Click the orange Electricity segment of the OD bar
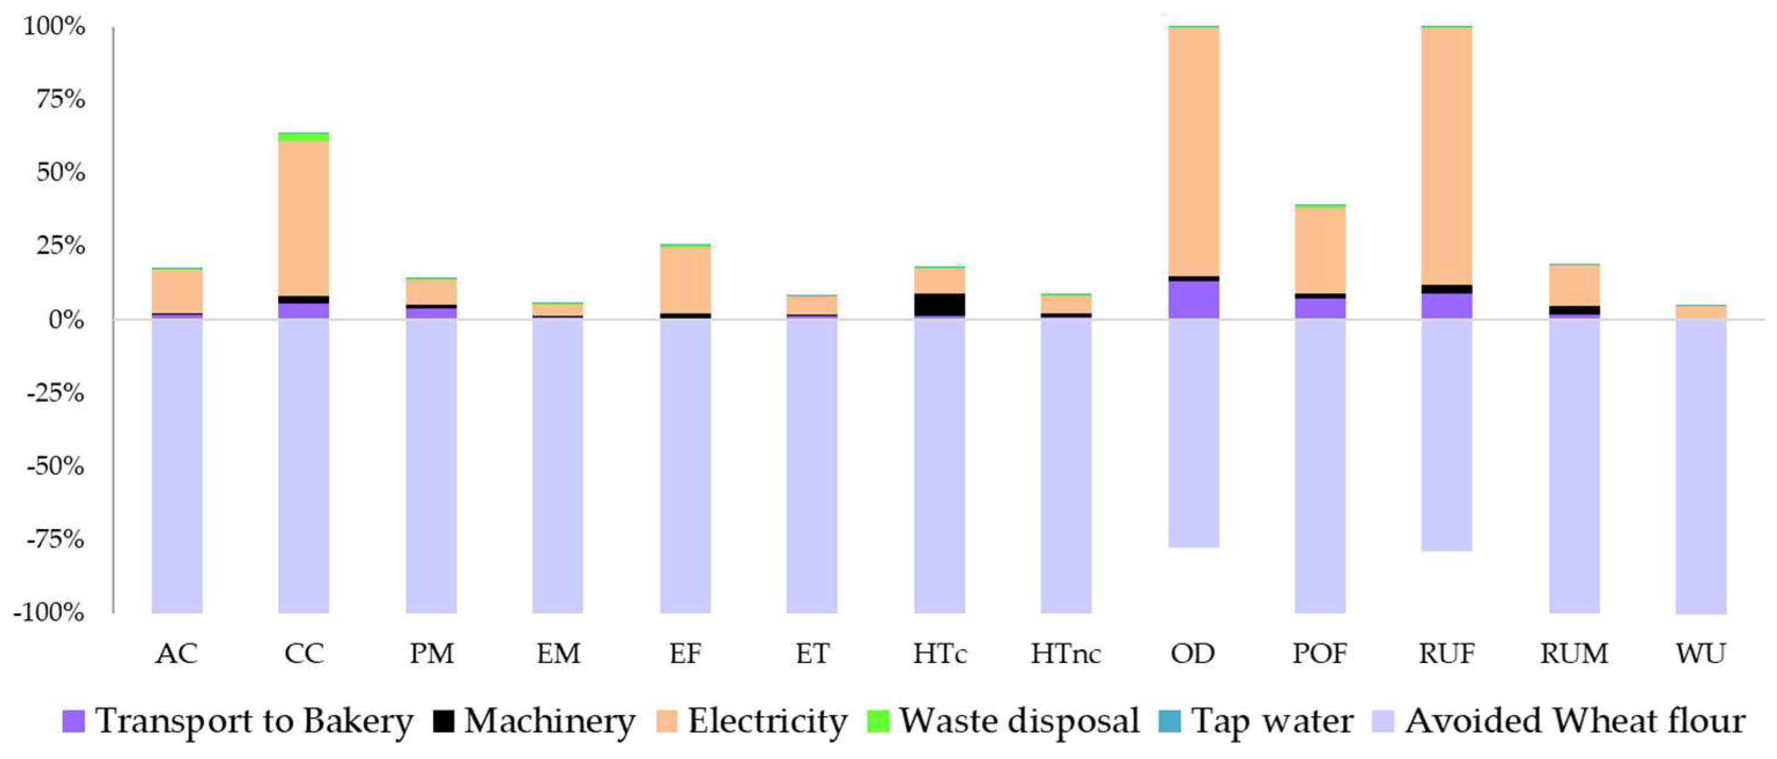click(x=1193, y=152)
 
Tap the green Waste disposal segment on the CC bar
click(x=303, y=137)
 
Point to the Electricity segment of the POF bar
click(x=1320, y=250)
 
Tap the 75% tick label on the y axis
click(x=61, y=100)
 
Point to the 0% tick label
click(x=66, y=321)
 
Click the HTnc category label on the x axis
click(x=1066, y=653)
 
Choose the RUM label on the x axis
click(x=1574, y=653)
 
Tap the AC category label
click(x=176, y=653)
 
